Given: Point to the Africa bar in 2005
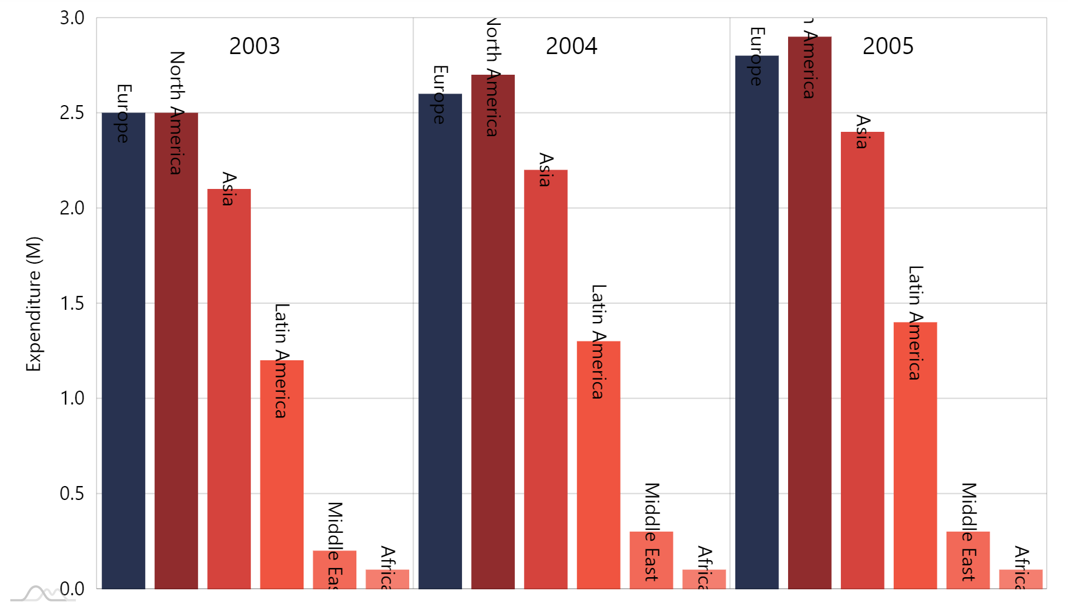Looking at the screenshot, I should point(1021,579).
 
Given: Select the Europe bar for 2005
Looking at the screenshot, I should point(757,322).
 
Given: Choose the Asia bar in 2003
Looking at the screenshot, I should point(229,389).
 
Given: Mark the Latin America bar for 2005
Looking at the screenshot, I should point(915,456).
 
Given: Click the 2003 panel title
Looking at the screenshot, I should point(254,46).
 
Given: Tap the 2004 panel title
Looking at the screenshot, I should point(571,46).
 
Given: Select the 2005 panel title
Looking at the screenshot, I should point(888,46).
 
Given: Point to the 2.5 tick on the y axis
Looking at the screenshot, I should point(72,113).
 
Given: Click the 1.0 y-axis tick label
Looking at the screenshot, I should point(72,399).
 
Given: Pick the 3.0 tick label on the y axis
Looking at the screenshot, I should point(72,18).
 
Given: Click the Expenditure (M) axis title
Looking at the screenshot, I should point(33,304).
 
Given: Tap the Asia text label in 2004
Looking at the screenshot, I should point(546,170).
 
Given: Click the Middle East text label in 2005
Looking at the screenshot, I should point(968,532).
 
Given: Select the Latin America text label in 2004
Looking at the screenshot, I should point(599,341).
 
